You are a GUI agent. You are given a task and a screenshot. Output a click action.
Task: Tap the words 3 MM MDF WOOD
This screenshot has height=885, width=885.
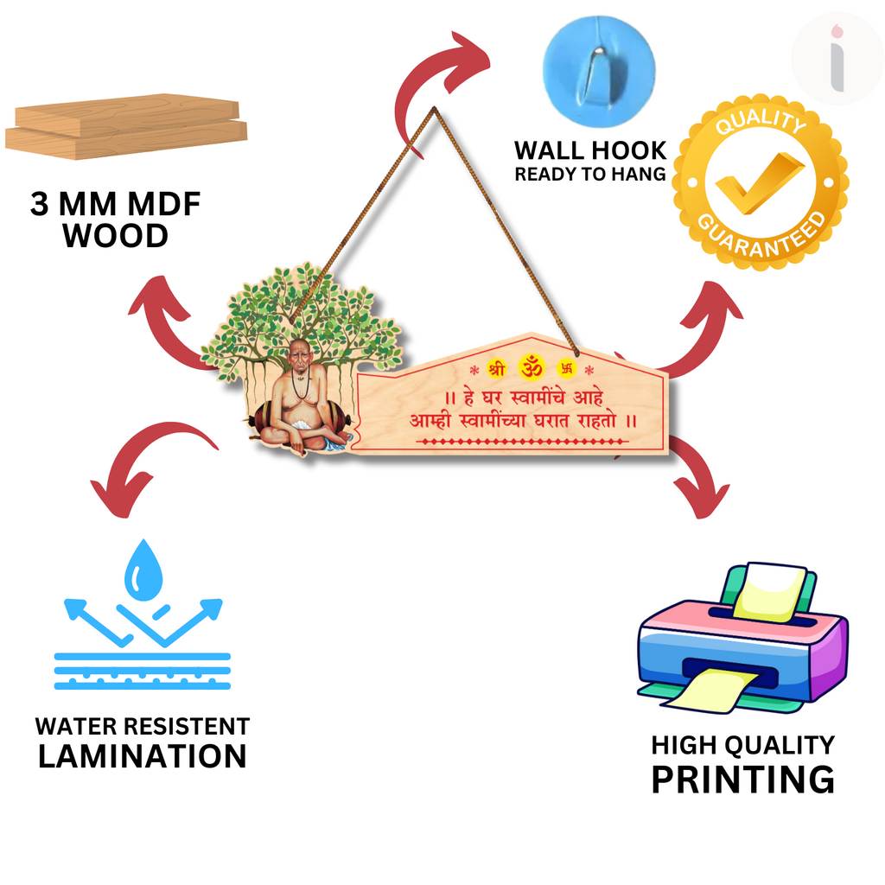pos(115,220)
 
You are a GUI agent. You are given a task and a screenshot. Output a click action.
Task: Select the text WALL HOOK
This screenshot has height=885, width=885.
pos(590,150)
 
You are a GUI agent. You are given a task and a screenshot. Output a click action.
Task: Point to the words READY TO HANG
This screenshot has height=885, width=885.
pos(590,174)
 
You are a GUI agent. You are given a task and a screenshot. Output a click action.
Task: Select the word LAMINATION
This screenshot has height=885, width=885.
pos(143,756)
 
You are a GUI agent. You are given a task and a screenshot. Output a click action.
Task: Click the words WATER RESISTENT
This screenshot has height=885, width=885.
pos(143,726)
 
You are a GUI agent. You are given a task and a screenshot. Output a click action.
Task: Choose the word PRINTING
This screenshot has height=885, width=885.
pos(742,779)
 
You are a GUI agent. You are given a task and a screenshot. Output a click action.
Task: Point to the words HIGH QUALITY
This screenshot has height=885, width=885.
pos(742,745)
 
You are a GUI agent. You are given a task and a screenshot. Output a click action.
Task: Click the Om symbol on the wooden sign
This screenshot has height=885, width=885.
pos(531,366)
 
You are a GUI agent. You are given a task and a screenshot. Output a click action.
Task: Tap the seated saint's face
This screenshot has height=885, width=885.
pos(299,357)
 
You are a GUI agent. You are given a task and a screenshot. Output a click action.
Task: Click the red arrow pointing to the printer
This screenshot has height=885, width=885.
pos(700,475)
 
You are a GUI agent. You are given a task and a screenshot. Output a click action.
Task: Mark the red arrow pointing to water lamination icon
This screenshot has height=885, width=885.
pos(147,467)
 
